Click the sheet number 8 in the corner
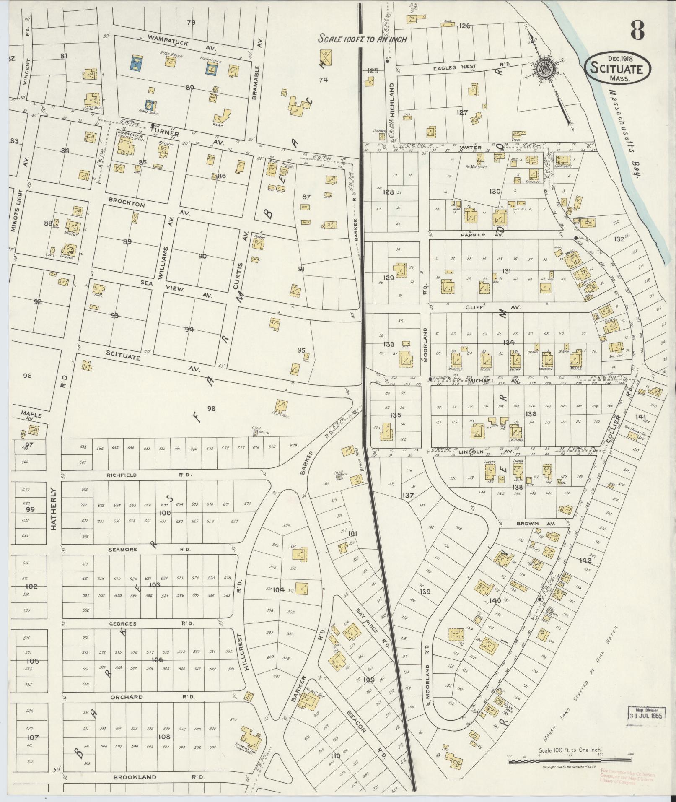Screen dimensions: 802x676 pyautogui.click(x=636, y=30)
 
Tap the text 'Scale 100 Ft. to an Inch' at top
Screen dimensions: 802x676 pyautogui.click(x=363, y=39)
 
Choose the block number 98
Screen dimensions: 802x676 pyautogui.click(x=211, y=408)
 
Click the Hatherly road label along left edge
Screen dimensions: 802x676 pyautogui.click(x=54, y=509)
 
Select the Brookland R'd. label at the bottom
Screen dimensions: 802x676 pyautogui.click(x=158, y=777)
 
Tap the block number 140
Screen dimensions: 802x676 pyautogui.click(x=495, y=600)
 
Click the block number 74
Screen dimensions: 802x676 pyautogui.click(x=323, y=80)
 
